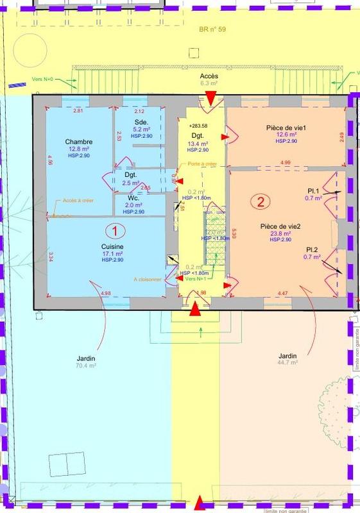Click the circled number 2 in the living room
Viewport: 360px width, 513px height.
tap(261, 202)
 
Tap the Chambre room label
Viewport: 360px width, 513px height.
tap(79, 142)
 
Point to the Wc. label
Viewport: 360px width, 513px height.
tap(133, 198)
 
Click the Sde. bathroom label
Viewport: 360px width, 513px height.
tap(141, 122)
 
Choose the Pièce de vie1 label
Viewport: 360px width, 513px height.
tap(286, 128)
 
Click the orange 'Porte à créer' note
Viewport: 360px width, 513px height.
tap(202, 164)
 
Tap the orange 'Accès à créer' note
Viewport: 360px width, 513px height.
tap(78, 200)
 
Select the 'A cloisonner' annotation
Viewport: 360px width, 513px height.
tap(147, 279)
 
